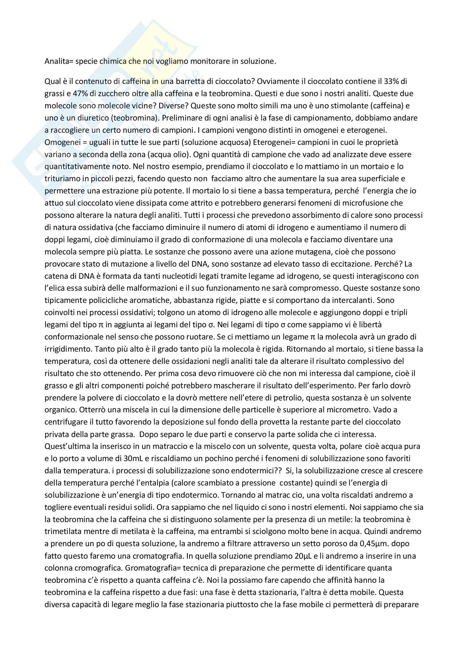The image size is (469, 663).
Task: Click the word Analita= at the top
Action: coord(59,62)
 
